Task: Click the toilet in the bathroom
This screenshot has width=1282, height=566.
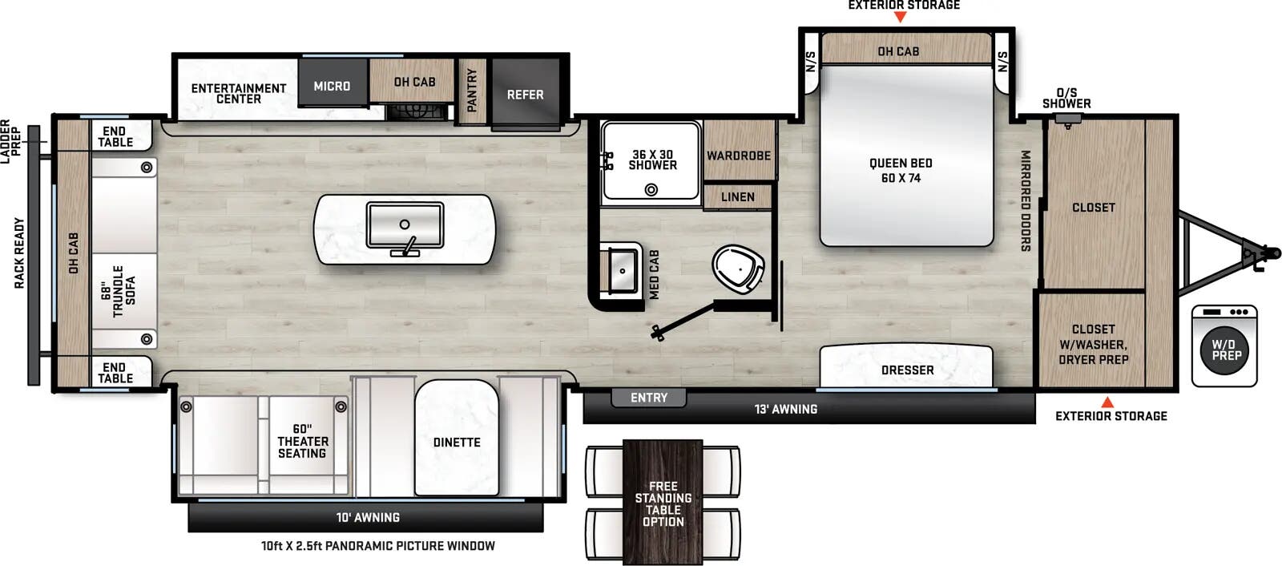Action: tap(736, 269)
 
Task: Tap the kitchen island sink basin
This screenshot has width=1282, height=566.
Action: tap(405, 225)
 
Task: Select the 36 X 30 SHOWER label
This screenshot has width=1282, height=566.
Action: tap(652, 160)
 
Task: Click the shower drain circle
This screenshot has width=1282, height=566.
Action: tap(651, 190)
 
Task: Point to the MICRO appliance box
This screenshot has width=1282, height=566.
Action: tap(333, 86)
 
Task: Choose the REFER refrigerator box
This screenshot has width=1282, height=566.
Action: tap(525, 95)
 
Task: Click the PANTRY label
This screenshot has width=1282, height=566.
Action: tap(472, 91)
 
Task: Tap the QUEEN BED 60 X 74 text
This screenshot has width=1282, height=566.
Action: tap(901, 170)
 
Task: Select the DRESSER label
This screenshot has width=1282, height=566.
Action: tap(907, 370)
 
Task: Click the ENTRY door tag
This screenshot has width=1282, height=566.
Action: tap(648, 398)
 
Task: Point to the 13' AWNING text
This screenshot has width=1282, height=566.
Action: tap(785, 409)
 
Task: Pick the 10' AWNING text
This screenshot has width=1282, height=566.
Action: tap(368, 517)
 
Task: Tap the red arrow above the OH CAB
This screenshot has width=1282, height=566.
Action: tap(900, 17)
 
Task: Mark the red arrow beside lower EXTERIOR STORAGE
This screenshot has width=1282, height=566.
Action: tap(1107, 402)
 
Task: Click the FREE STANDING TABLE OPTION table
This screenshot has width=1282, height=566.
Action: tap(663, 503)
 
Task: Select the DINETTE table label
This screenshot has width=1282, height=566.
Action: tap(457, 442)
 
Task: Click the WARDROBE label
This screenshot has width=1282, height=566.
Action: tap(738, 156)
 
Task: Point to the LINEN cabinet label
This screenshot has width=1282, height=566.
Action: tap(737, 197)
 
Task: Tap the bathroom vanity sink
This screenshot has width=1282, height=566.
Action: tap(623, 270)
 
